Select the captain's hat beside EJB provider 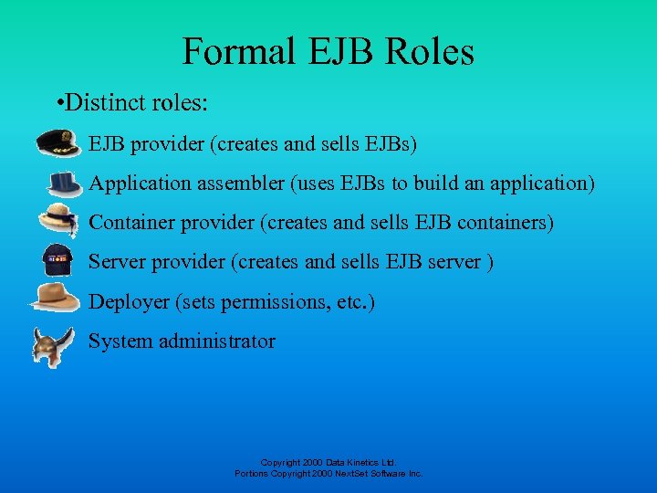(x=58, y=144)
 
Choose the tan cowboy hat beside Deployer (x=56, y=299)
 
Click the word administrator (x=216, y=341)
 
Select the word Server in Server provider (x=116, y=262)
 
